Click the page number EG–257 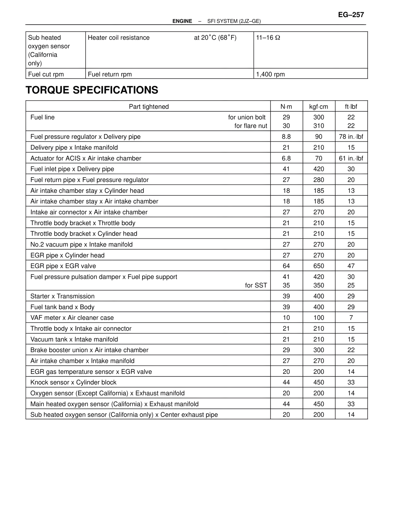pyautogui.click(x=351, y=15)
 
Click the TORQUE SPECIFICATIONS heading pyautogui.click(x=92, y=90)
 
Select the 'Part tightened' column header pyautogui.click(x=149, y=107)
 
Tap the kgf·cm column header pyautogui.click(x=318, y=107)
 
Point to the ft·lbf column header pyautogui.click(x=351, y=107)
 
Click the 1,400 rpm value pyautogui.click(x=270, y=74)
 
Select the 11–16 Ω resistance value pyautogui.click(x=268, y=38)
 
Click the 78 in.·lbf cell pyautogui.click(x=351, y=137)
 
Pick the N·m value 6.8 pyautogui.click(x=286, y=158)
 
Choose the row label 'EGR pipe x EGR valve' pyautogui.click(x=63, y=266)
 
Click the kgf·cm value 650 pyautogui.click(x=318, y=266)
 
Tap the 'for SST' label pyautogui.click(x=256, y=285)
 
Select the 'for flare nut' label pyautogui.click(x=251, y=126)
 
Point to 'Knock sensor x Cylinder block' pyautogui.click(x=73, y=383)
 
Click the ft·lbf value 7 pyautogui.click(x=351, y=318)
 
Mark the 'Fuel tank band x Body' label pyautogui.click(x=62, y=307)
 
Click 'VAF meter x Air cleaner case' pyautogui.click(x=72, y=318)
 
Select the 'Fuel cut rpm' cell pyautogui.click(x=46, y=74)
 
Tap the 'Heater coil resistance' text pyautogui.click(x=119, y=38)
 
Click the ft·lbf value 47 pyautogui.click(x=351, y=266)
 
